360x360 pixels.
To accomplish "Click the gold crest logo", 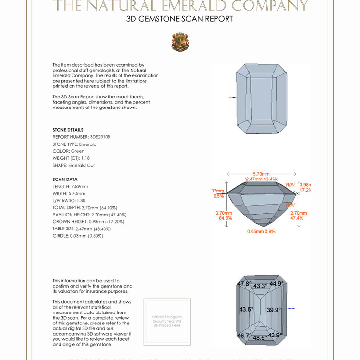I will [180, 42].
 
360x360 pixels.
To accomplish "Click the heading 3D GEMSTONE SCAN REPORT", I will [180, 19].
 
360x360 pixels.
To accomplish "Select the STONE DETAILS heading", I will [68, 130].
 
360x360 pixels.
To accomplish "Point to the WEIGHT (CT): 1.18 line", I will [71, 158].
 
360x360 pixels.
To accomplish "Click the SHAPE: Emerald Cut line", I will [73, 165].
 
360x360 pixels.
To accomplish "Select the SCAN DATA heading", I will [65, 179].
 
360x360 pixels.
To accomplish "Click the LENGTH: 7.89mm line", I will [70, 186].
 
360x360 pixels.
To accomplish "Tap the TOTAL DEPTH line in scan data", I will [85, 207].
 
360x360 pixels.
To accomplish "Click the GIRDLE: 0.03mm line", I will [78, 236].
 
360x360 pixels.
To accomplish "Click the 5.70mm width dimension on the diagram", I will [261, 173].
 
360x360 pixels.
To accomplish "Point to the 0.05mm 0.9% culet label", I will [261, 231].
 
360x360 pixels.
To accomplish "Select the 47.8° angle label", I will [244, 284].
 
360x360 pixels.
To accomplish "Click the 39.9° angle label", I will [274, 310].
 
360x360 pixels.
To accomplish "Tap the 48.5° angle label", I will [260, 338].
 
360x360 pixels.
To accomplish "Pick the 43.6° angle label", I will [246, 309].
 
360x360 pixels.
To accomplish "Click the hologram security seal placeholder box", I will [167, 321].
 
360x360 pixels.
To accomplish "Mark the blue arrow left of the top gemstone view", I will [232, 97].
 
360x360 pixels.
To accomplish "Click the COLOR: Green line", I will [68, 151].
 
